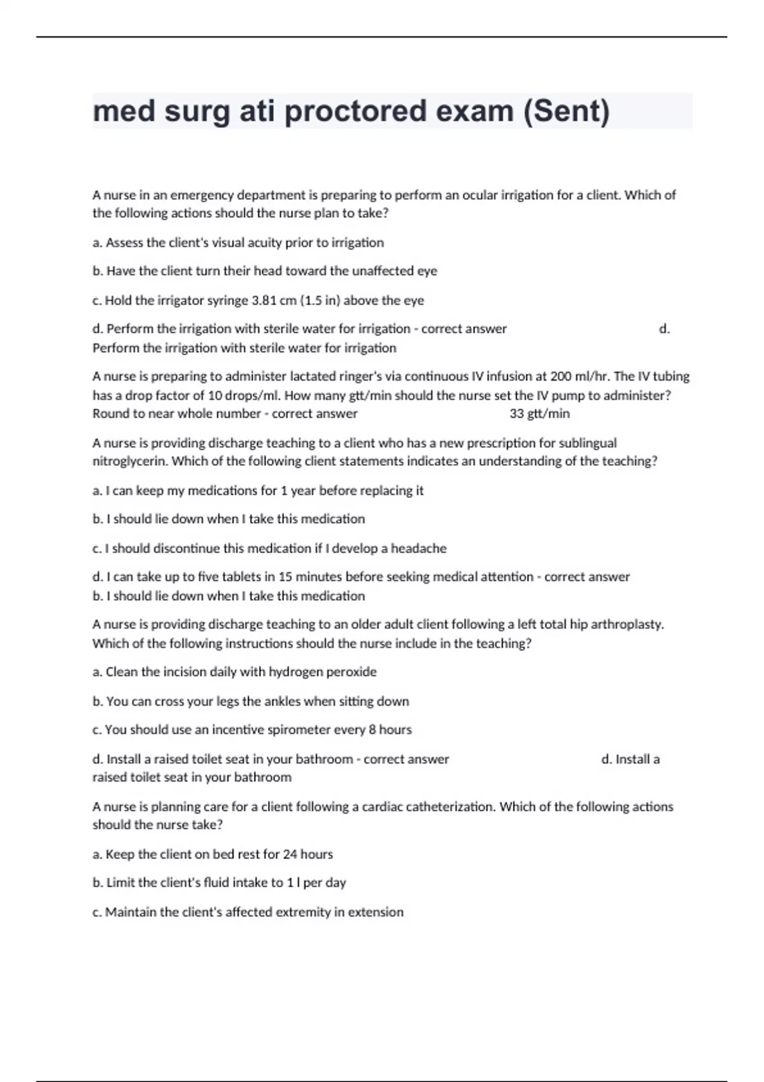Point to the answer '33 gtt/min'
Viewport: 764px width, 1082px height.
(x=540, y=414)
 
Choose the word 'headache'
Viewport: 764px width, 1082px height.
(x=418, y=549)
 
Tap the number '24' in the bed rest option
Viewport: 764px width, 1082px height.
(x=290, y=854)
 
